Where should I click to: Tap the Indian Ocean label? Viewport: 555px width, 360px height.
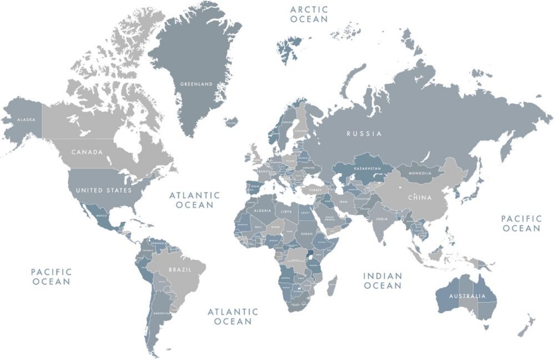click(x=382, y=281)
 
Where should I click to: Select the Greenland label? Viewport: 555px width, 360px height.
click(x=196, y=84)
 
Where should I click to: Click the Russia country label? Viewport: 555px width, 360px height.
click(x=364, y=134)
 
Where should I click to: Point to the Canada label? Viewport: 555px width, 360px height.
click(x=87, y=152)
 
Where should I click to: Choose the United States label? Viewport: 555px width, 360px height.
click(x=104, y=190)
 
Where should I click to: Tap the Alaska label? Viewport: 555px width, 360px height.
click(x=26, y=120)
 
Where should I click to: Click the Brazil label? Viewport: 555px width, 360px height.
click(x=180, y=270)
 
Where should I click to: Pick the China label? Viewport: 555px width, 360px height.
click(x=420, y=198)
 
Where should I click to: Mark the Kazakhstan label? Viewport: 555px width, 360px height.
click(x=367, y=168)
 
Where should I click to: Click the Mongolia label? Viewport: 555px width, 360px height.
click(x=420, y=173)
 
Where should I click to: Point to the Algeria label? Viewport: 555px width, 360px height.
click(x=263, y=211)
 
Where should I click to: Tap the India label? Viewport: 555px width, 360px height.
click(x=382, y=219)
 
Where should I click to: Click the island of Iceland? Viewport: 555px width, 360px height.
click(x=231, y=121)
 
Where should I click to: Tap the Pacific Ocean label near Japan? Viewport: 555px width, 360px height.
click(x=521, y=223)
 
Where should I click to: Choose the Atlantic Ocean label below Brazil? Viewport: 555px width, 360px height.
click(x=233, y=316)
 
